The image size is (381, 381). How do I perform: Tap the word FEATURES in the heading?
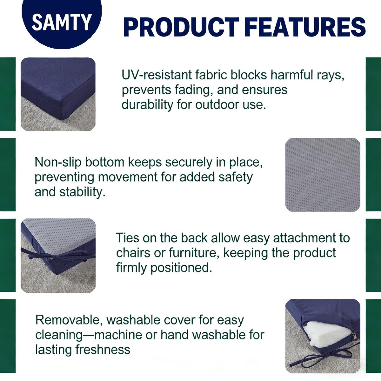306,27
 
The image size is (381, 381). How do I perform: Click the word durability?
147,105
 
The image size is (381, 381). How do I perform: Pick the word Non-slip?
58,163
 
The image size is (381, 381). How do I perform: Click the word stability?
83,192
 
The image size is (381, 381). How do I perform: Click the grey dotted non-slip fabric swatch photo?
323,175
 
